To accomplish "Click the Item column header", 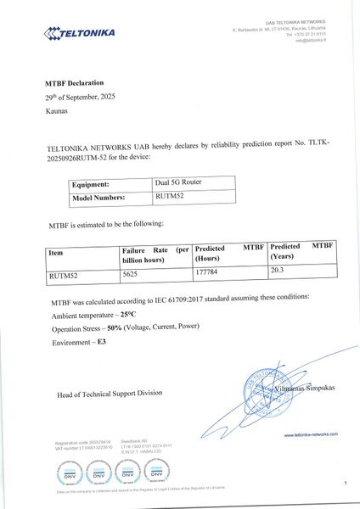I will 56,252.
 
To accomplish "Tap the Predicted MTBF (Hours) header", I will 229,257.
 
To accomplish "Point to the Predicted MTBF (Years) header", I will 299,257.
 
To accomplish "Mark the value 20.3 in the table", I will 278,271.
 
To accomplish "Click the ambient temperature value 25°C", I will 130,314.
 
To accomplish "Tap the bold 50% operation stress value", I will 116,327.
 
